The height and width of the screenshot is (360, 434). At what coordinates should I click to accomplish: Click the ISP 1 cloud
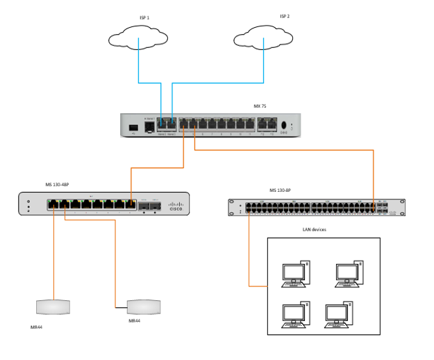coord(139,39)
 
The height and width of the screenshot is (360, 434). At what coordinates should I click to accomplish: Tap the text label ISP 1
coord(144,17)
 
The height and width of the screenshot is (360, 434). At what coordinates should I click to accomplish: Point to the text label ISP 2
coord(285,16)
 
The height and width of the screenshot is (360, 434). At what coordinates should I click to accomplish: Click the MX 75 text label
coord(260,106)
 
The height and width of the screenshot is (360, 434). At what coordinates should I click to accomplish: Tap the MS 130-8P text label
coord(280,190)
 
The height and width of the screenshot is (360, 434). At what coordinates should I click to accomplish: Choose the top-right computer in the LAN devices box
coord(349,274)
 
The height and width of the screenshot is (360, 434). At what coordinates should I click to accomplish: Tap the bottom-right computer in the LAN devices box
coord(341,314)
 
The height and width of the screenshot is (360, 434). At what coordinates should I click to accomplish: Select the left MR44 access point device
coord(53,306)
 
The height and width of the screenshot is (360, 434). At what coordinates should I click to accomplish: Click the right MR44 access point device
coord(144,306)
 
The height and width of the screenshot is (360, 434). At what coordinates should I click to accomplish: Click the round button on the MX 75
coord(283,126)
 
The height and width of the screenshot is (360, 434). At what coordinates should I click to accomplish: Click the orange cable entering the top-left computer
coord(264,286)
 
